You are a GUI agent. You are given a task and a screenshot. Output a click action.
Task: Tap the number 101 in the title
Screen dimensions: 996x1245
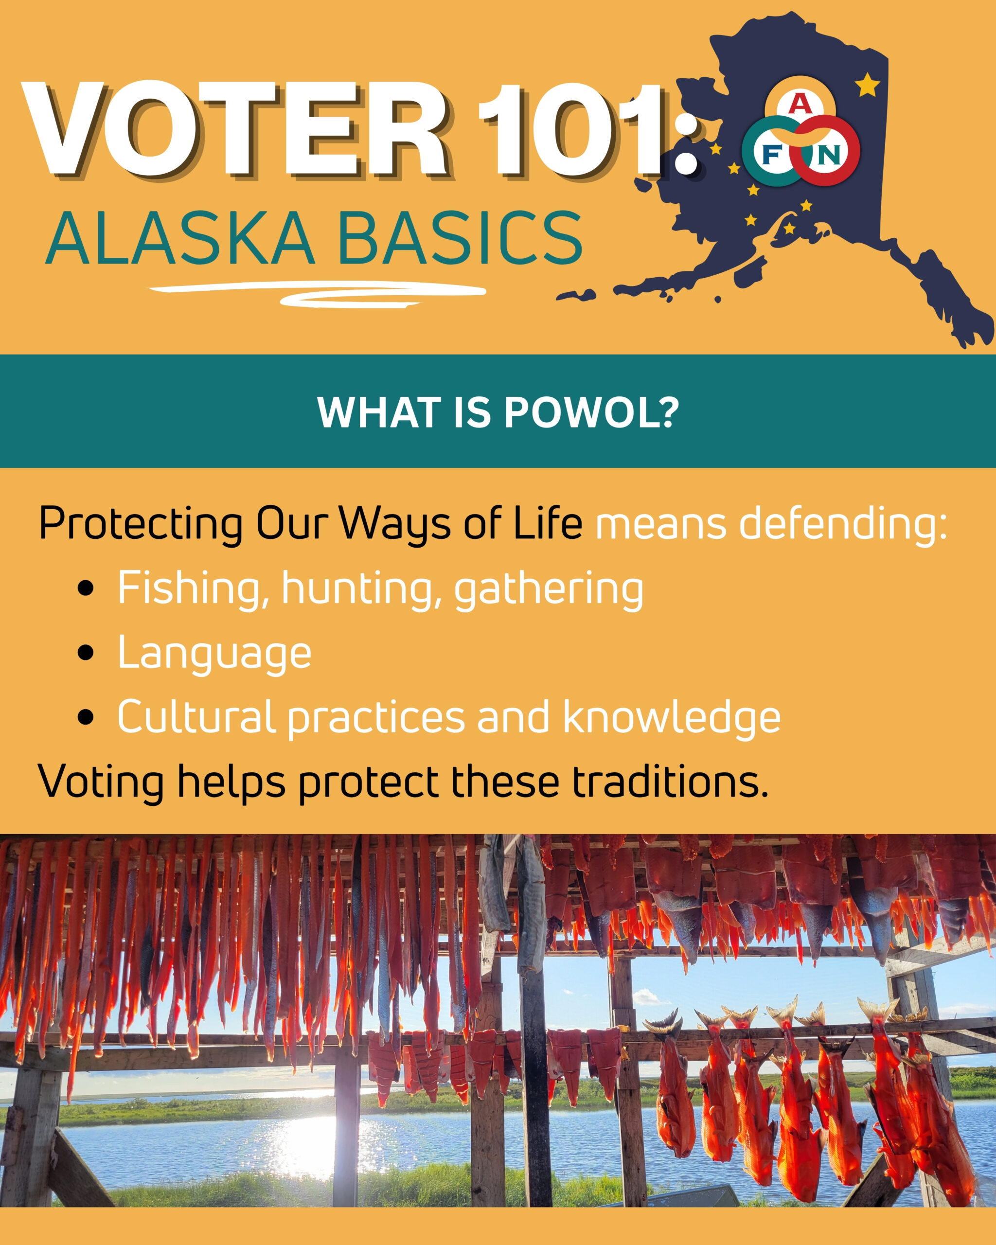577,129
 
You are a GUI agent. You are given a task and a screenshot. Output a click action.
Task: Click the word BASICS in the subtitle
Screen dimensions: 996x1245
462,238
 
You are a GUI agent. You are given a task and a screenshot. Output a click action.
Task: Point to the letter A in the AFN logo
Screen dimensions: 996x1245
800,105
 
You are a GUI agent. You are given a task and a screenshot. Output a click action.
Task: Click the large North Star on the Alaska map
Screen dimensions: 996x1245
867,86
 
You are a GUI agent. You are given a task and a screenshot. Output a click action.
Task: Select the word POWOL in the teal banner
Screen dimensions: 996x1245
583,412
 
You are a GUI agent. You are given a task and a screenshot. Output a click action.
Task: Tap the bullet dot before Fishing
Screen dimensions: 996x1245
86,588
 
